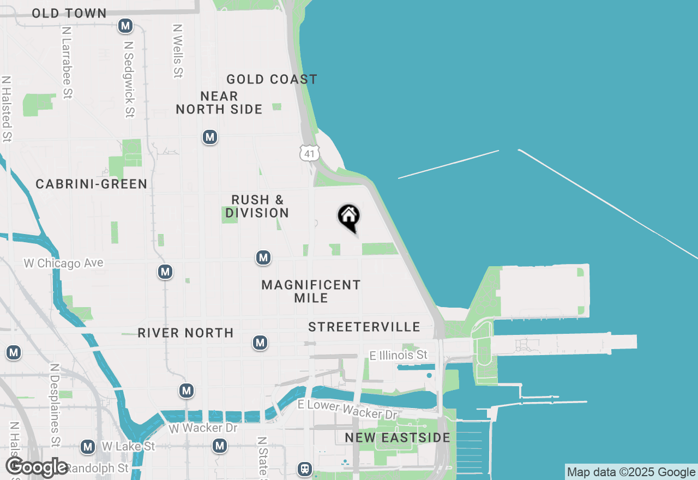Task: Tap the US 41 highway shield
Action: [309, 153]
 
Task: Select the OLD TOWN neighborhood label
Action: [69, 13]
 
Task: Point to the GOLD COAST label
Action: [272, 79]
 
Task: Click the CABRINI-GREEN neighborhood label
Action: [92, 184]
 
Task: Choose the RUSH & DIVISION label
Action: [257, 206]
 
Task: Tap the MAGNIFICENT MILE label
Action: [311, 291]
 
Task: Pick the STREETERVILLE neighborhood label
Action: [364, 327]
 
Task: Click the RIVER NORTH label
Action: [185, 333]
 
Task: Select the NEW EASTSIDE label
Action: [398, 437]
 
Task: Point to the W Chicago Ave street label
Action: [64, 263]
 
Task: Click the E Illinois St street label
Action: [398, 356]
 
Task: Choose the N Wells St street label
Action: [178, 51]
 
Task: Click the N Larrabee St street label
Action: [67, 63]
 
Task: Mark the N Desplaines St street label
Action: [55, 405]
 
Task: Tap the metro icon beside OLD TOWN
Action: [126, 26]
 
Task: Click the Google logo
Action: [37, 467]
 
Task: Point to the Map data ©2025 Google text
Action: [631, 472]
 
